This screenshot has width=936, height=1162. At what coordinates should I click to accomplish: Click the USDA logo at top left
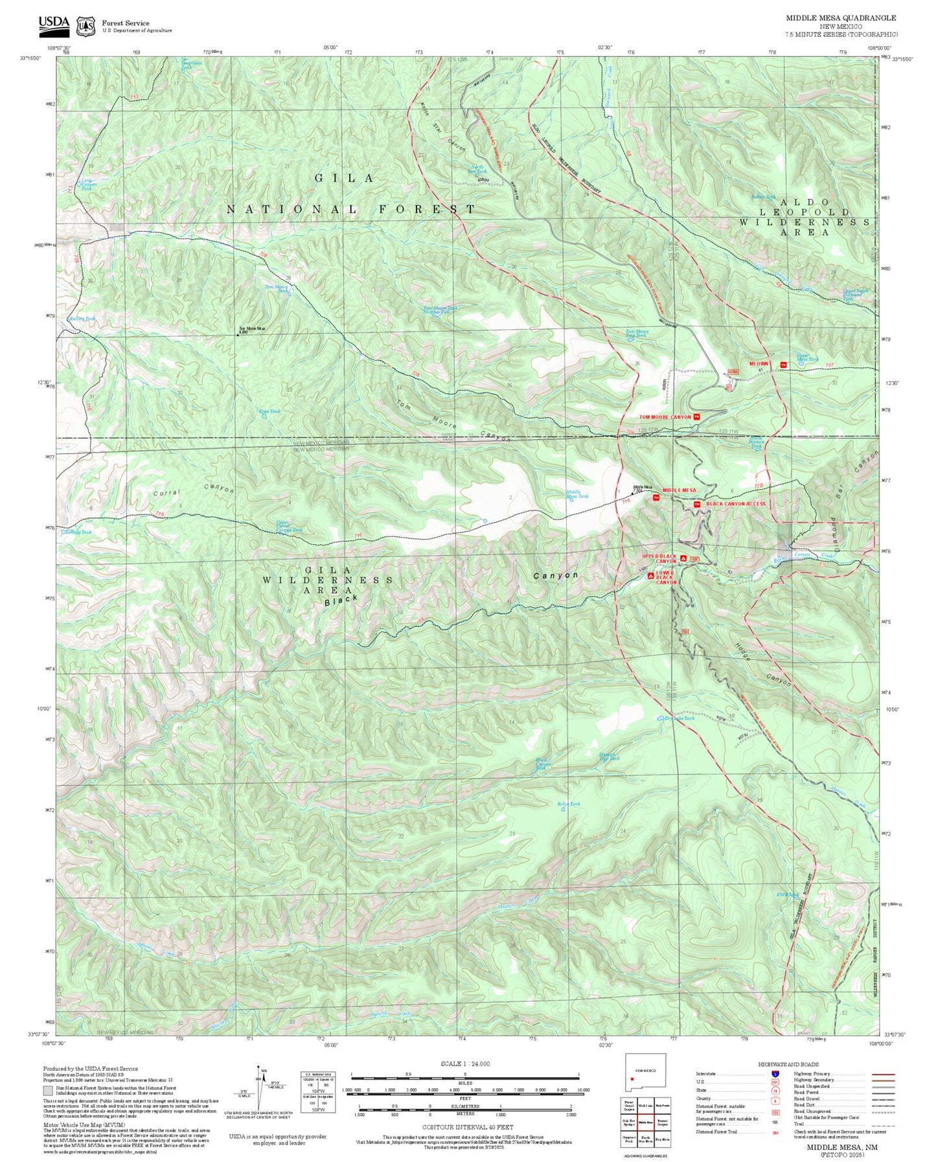coord(54,24)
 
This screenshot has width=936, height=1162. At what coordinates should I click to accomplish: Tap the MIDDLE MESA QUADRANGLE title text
coord(841,18)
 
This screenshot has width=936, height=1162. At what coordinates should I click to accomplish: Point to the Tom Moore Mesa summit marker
coord(238,334)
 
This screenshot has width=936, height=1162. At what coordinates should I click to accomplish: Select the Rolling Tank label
coord(82,319)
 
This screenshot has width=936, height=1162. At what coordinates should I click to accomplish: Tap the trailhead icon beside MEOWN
coord(784,364)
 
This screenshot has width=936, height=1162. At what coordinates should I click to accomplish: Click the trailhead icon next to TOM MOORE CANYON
coord(696,417)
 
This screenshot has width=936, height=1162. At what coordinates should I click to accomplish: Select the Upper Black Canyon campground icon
coord(683,558)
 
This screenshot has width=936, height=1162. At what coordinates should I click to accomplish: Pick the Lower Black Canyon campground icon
coord(651,576)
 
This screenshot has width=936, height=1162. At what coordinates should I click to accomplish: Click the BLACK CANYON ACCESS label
coord(735,503)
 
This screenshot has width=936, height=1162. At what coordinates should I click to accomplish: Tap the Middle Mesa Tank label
coord(577,495)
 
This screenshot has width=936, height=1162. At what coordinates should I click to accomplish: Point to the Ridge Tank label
coord(569,804)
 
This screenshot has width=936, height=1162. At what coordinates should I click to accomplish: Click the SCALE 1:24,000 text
coord(464,1064)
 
